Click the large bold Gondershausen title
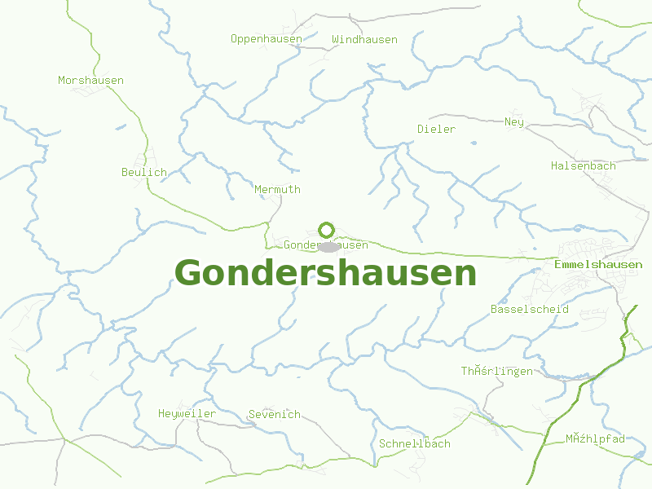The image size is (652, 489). [x=325, y=273]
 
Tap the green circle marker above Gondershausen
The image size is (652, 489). [x=326, y=230]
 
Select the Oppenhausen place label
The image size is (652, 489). [x=267, y=38]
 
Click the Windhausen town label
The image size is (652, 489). [x=364, y=39]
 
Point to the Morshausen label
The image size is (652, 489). [x=90, y=80]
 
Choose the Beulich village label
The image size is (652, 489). [x=143, y=172]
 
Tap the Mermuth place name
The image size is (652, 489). [x=277, y=189]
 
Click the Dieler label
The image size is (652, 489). [x=436, y=129]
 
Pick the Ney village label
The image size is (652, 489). [x=513, y=122]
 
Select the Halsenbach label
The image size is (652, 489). [x=583, y=165]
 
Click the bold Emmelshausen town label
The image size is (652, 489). [x=597, y=265]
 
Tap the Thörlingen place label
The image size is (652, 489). [x=496, y=371]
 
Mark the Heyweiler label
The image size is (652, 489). [x=187, y=413]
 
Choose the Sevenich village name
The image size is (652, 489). [x=274, y=414]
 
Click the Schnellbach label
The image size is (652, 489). [x=414, y=443]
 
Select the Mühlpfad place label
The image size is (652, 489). [x=595, y=438]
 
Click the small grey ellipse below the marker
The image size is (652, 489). [x=328, y=247]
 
